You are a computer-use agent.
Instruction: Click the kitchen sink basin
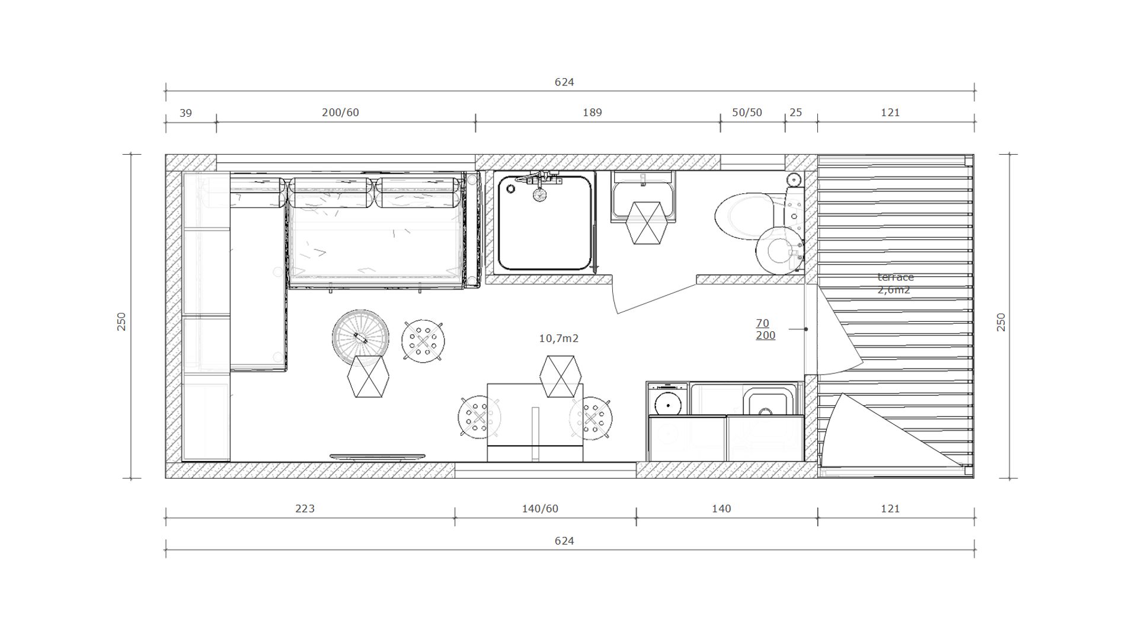769,403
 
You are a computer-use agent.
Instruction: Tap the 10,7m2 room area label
558,338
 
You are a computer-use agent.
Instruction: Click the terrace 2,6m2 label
895,283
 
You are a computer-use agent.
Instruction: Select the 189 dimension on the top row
592,112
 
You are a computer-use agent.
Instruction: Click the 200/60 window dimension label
340,112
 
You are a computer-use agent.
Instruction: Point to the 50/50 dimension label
747,112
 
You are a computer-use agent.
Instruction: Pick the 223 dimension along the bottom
305,508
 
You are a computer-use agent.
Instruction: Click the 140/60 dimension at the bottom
540,508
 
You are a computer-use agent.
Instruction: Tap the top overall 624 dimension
564,82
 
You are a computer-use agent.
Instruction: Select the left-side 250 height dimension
122,321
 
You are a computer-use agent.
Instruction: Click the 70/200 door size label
765,329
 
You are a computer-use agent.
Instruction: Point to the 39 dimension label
186,113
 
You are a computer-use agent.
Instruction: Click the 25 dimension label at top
796,112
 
